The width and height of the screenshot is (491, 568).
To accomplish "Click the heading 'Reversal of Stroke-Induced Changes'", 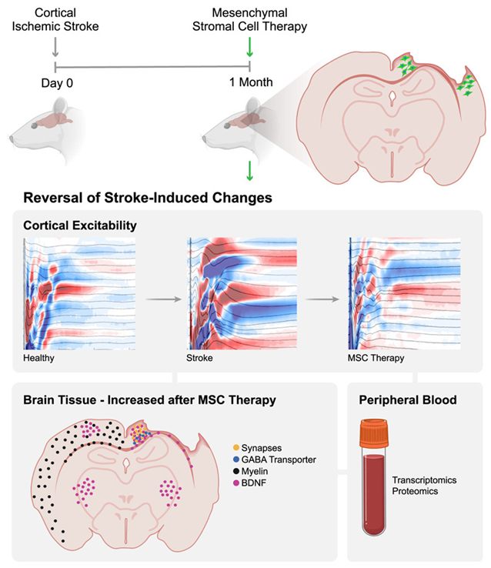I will coord(148,198).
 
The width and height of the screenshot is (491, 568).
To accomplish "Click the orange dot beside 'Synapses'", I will coord(235,446).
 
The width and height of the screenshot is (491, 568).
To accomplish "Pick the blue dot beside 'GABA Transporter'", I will coord(235,459).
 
